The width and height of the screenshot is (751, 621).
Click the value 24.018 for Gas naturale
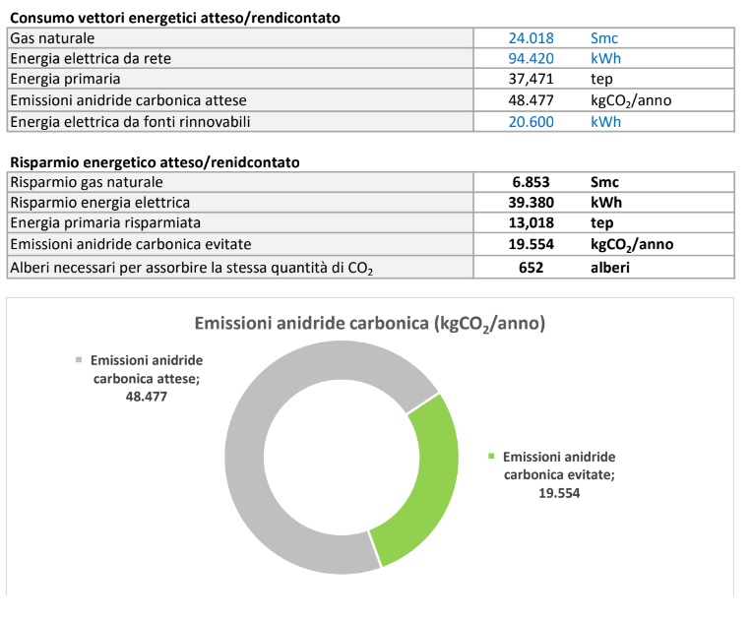coord(531,38)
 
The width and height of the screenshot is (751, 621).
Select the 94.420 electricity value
coord(531,59)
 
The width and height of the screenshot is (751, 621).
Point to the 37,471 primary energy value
coord(531,80)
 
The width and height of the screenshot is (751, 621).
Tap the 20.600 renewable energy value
coord(531,121)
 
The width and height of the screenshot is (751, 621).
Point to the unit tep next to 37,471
coord(601,80)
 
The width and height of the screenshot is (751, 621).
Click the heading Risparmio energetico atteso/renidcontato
coord(155,161)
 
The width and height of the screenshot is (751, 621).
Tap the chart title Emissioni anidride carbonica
coord(369,324)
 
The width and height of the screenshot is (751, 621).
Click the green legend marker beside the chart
coord(491,458)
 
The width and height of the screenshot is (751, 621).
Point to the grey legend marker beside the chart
coord(78,361)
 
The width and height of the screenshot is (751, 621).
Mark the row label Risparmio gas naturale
coord(86,182)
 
